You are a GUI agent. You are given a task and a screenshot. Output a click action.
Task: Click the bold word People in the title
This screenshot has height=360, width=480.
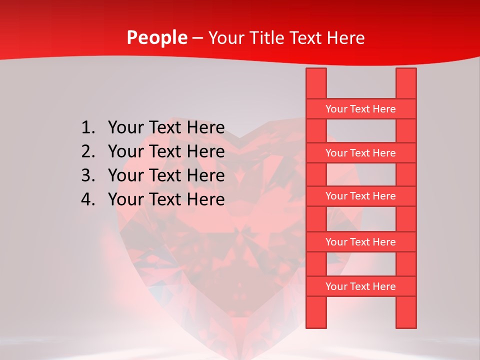pos(157,38)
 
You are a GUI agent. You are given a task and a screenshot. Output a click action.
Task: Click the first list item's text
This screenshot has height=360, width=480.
pos(166,128)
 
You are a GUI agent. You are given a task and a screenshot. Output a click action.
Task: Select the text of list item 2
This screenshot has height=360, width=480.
pos(166,151)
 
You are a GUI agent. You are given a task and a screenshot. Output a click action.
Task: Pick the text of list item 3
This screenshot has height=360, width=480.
pos(166,175)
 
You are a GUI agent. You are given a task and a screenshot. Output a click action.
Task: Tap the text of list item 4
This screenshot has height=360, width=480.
pos(166,199)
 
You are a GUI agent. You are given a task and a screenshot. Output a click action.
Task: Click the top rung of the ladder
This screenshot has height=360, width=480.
pos(360,109)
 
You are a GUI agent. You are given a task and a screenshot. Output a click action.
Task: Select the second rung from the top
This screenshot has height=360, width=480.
pos(360,153)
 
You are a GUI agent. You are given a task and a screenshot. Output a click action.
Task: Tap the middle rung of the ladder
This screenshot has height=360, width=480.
pos(360,196)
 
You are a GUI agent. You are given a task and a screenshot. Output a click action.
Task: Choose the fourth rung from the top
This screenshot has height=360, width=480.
pos(360,242)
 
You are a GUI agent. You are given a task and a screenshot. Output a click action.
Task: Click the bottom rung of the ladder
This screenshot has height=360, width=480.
pos(360,286)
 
